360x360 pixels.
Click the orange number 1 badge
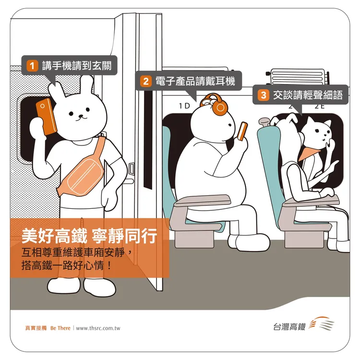(32, 66)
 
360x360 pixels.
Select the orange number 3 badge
(263, 95)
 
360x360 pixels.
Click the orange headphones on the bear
(215, 105)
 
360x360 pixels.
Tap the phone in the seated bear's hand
(243, 131)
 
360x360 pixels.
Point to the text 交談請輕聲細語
(307, 95)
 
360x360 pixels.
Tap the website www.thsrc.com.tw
(98, 328)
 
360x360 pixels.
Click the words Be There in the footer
(60, 328)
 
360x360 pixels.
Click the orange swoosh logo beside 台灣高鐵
(320, 324)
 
